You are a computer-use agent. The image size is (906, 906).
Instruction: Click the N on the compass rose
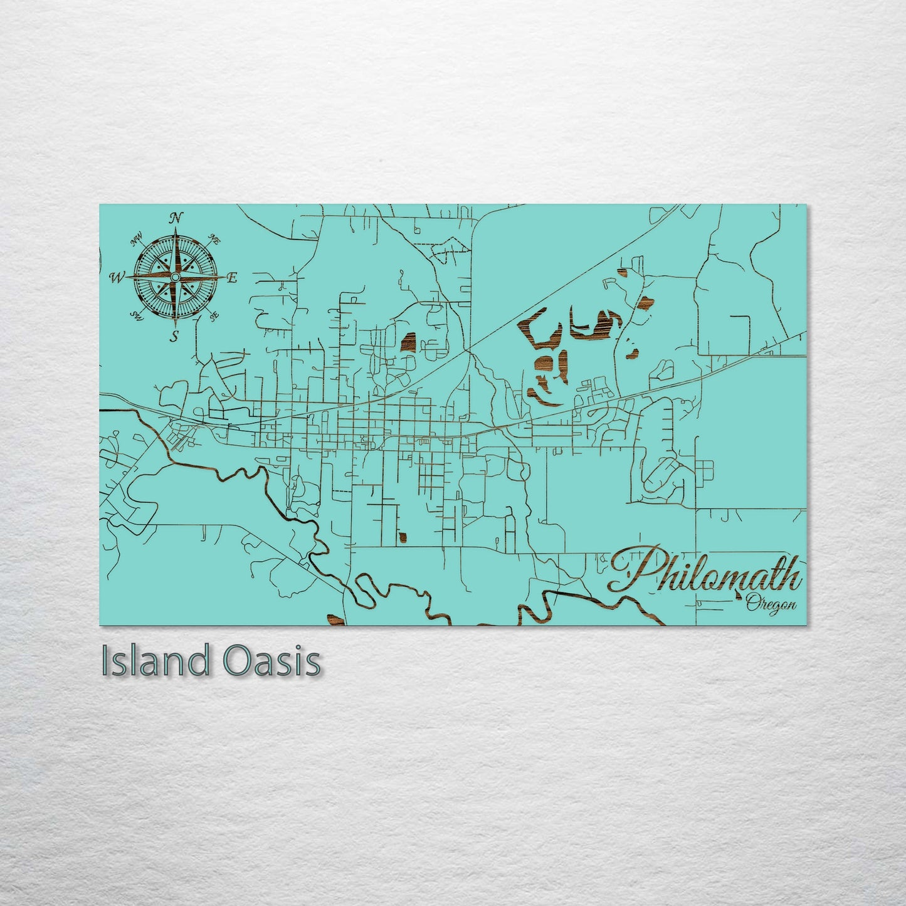[177, 218]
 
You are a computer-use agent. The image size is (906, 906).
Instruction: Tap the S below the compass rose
[175, 337]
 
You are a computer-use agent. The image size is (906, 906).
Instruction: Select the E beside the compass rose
[231, 278]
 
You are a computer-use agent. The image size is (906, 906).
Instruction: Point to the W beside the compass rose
[117, 277]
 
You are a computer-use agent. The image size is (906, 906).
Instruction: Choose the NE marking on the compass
[214, 239]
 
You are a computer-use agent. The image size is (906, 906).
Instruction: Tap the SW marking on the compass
[135, 315]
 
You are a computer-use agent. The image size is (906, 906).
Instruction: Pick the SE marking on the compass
[214, 315]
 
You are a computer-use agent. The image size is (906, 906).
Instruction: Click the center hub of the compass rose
[176, 277]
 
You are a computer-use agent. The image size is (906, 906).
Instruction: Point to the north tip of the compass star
[176, 231]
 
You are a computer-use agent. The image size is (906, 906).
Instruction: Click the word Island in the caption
[154, 661]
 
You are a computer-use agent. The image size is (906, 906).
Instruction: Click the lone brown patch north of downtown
[408, 342]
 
